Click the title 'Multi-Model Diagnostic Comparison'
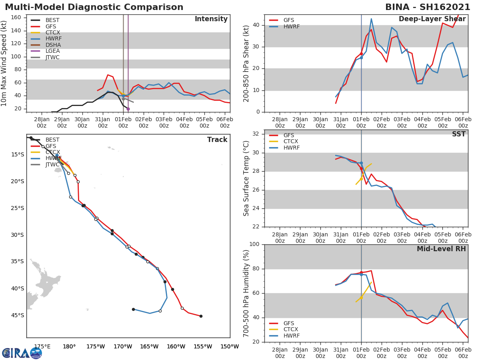(x=94, y=7)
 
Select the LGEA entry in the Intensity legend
(x=53, y=51)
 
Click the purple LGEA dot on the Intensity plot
(x=128, y=109)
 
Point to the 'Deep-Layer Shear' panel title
(x=432, y=19)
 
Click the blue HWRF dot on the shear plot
(x=361, y=58)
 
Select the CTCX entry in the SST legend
(x=290, y=142)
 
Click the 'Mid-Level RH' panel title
(x=441, y=249)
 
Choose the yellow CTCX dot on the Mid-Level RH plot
(x=361, y=298)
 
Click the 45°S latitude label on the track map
(x=17, y=315)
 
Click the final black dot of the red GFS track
(x=201, y=316)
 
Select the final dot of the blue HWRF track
(x=133, y=309)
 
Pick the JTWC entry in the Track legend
(x=52, y=165)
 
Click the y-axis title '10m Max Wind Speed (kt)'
(x=4, y=63)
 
